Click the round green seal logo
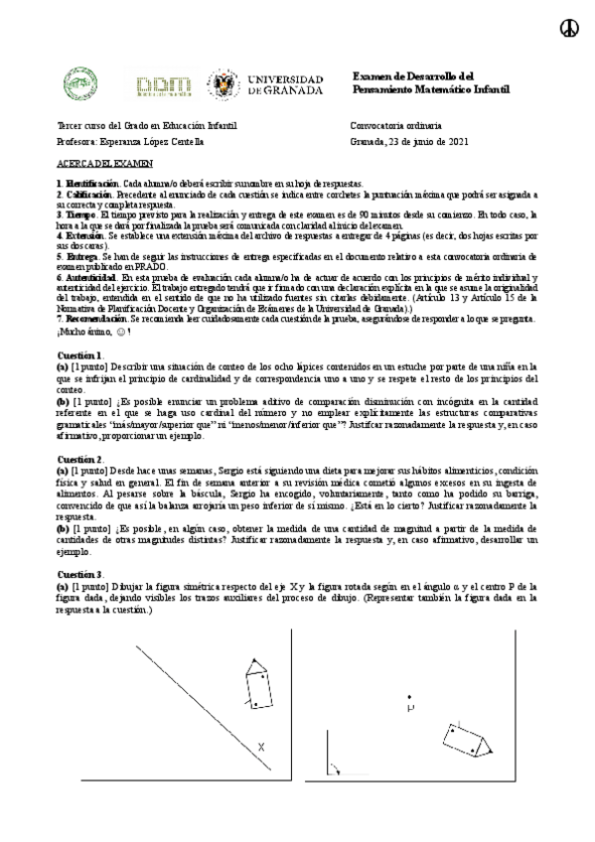coord(80,85)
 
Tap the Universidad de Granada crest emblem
coord(221,85)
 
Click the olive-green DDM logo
coord(162,86)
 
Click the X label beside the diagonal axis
coord(261,747)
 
